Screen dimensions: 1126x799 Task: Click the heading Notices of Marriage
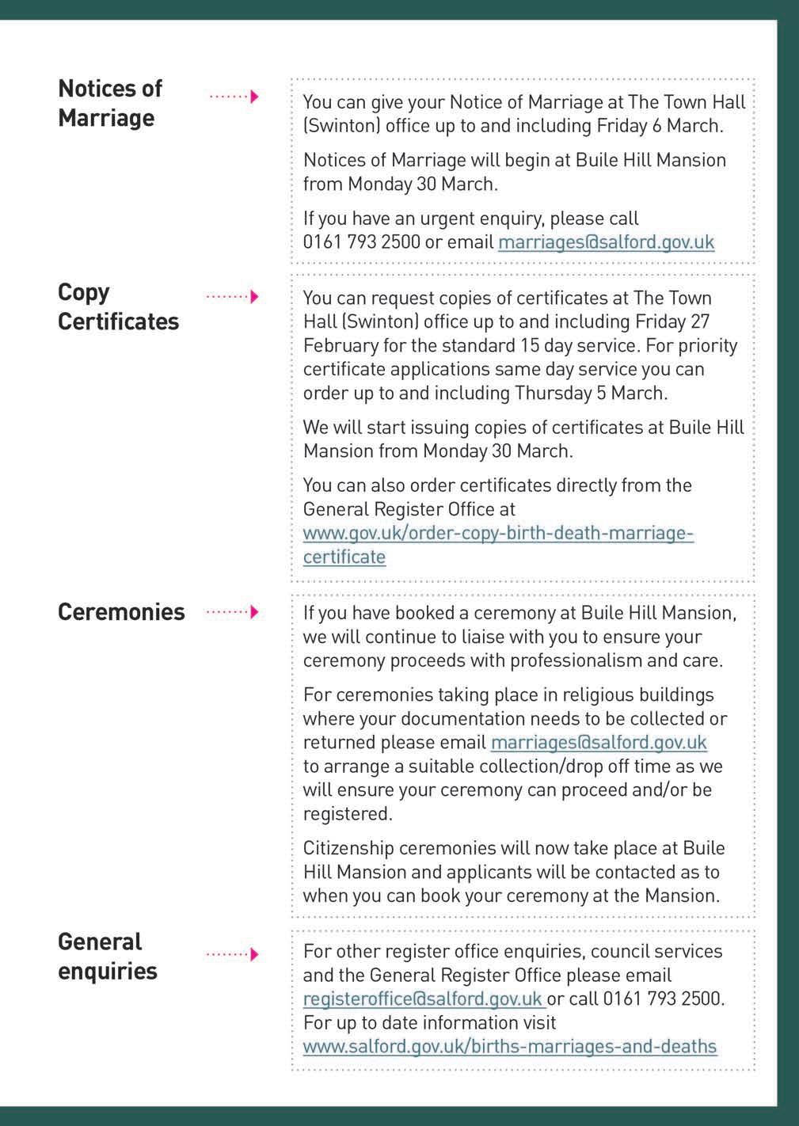click(x=109, y=103)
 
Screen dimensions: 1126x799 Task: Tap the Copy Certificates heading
click(x=118, y=306)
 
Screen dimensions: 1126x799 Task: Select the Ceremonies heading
click(x=121, y=612)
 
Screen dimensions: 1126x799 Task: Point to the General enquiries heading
click(x=107, y=956)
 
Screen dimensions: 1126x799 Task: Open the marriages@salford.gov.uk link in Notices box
click(x=606, y=242)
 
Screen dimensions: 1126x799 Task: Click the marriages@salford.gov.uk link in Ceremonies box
click(x=599, y=743)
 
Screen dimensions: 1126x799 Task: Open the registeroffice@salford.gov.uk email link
click(x=423, y=999)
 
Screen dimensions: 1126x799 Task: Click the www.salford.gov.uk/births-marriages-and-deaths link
click(x=509, y=1046)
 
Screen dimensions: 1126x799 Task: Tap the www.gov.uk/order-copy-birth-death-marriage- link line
click(x=498, y=533)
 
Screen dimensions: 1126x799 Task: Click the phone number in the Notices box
click(x=361, y=242)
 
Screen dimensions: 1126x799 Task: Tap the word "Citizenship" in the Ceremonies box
click(x=348, y=848)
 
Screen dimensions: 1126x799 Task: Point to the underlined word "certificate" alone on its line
click(x=344, y=557)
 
